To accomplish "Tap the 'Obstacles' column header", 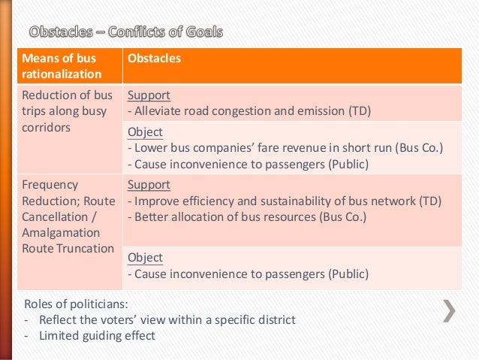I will coord(154,58).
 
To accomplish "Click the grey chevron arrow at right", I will coord(449,310).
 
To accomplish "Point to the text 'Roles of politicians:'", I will coord(76,304).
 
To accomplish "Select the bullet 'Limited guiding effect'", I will coord(89,335).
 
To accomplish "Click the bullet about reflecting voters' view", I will coord(160,320).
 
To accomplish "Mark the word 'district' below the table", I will coord(274,320).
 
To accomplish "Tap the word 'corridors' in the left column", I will coord(47,128).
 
